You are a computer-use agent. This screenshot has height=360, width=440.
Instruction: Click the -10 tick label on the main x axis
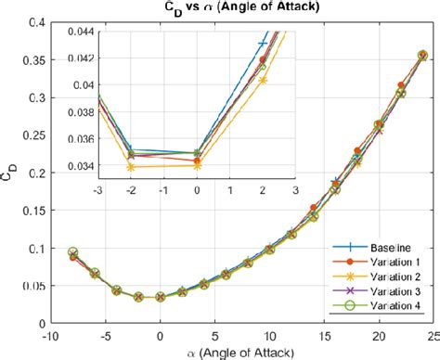pyautogui.click(x=50, y=335)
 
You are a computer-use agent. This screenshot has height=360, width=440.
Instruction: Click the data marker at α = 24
pyautogui.click(x=422, y=56)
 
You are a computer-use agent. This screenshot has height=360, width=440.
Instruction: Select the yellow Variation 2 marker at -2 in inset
pyautogui.click(x=130, y=167)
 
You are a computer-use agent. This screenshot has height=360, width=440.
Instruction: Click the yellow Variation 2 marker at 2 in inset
pyautogui.click(x=262, y=80)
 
